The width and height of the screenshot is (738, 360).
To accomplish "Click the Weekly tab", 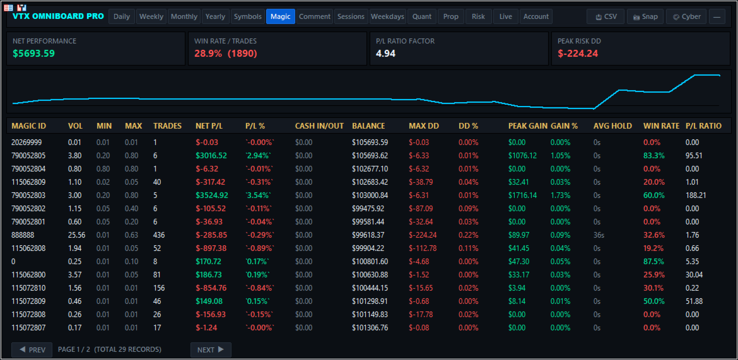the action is point(151,16).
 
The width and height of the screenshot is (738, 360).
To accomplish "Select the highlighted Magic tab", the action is point(281,16).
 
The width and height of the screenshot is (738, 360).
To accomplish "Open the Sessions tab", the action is point(351,16).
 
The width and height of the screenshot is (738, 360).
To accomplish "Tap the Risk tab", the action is point(478,16).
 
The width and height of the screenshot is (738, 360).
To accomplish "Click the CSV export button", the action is point(606,16).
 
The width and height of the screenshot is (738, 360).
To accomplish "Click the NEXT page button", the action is point(211,350).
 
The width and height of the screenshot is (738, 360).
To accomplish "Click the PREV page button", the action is point(32,350).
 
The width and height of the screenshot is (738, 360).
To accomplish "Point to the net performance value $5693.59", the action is point(34,54).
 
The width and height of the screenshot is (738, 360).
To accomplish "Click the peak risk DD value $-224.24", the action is point(578,54).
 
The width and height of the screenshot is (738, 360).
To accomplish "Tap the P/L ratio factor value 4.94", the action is point(385,54).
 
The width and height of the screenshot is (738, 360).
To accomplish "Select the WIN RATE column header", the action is point(661,126).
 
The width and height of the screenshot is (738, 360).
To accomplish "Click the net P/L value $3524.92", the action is point(212,195).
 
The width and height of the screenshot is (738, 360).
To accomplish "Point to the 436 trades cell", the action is point(158,235).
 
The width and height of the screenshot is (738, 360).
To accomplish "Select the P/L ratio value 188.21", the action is point(696,195).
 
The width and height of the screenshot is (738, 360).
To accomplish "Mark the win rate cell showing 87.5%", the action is point(653,261).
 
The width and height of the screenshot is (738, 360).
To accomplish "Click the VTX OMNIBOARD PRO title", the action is point(59,16).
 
